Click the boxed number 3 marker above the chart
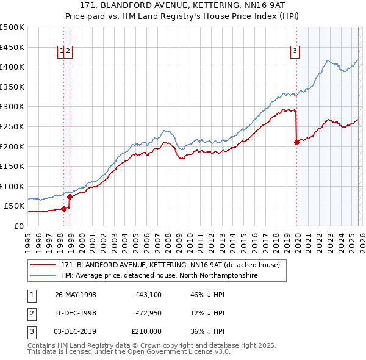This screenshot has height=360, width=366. tap(295, 52)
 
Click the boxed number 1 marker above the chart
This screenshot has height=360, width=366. tap(62, 52)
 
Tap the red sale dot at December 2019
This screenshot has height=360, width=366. tap(296, 142)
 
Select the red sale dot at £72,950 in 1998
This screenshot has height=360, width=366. tap(70, 196)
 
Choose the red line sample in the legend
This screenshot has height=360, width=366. tap(44, 265)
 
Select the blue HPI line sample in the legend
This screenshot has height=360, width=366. tap(44, 276)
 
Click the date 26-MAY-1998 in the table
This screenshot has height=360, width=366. tap(76, 295)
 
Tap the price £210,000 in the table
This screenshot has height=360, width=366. tap(146, 331)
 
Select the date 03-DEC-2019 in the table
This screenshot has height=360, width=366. tap(76, 331)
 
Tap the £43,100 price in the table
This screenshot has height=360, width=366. tap(149, 295)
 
